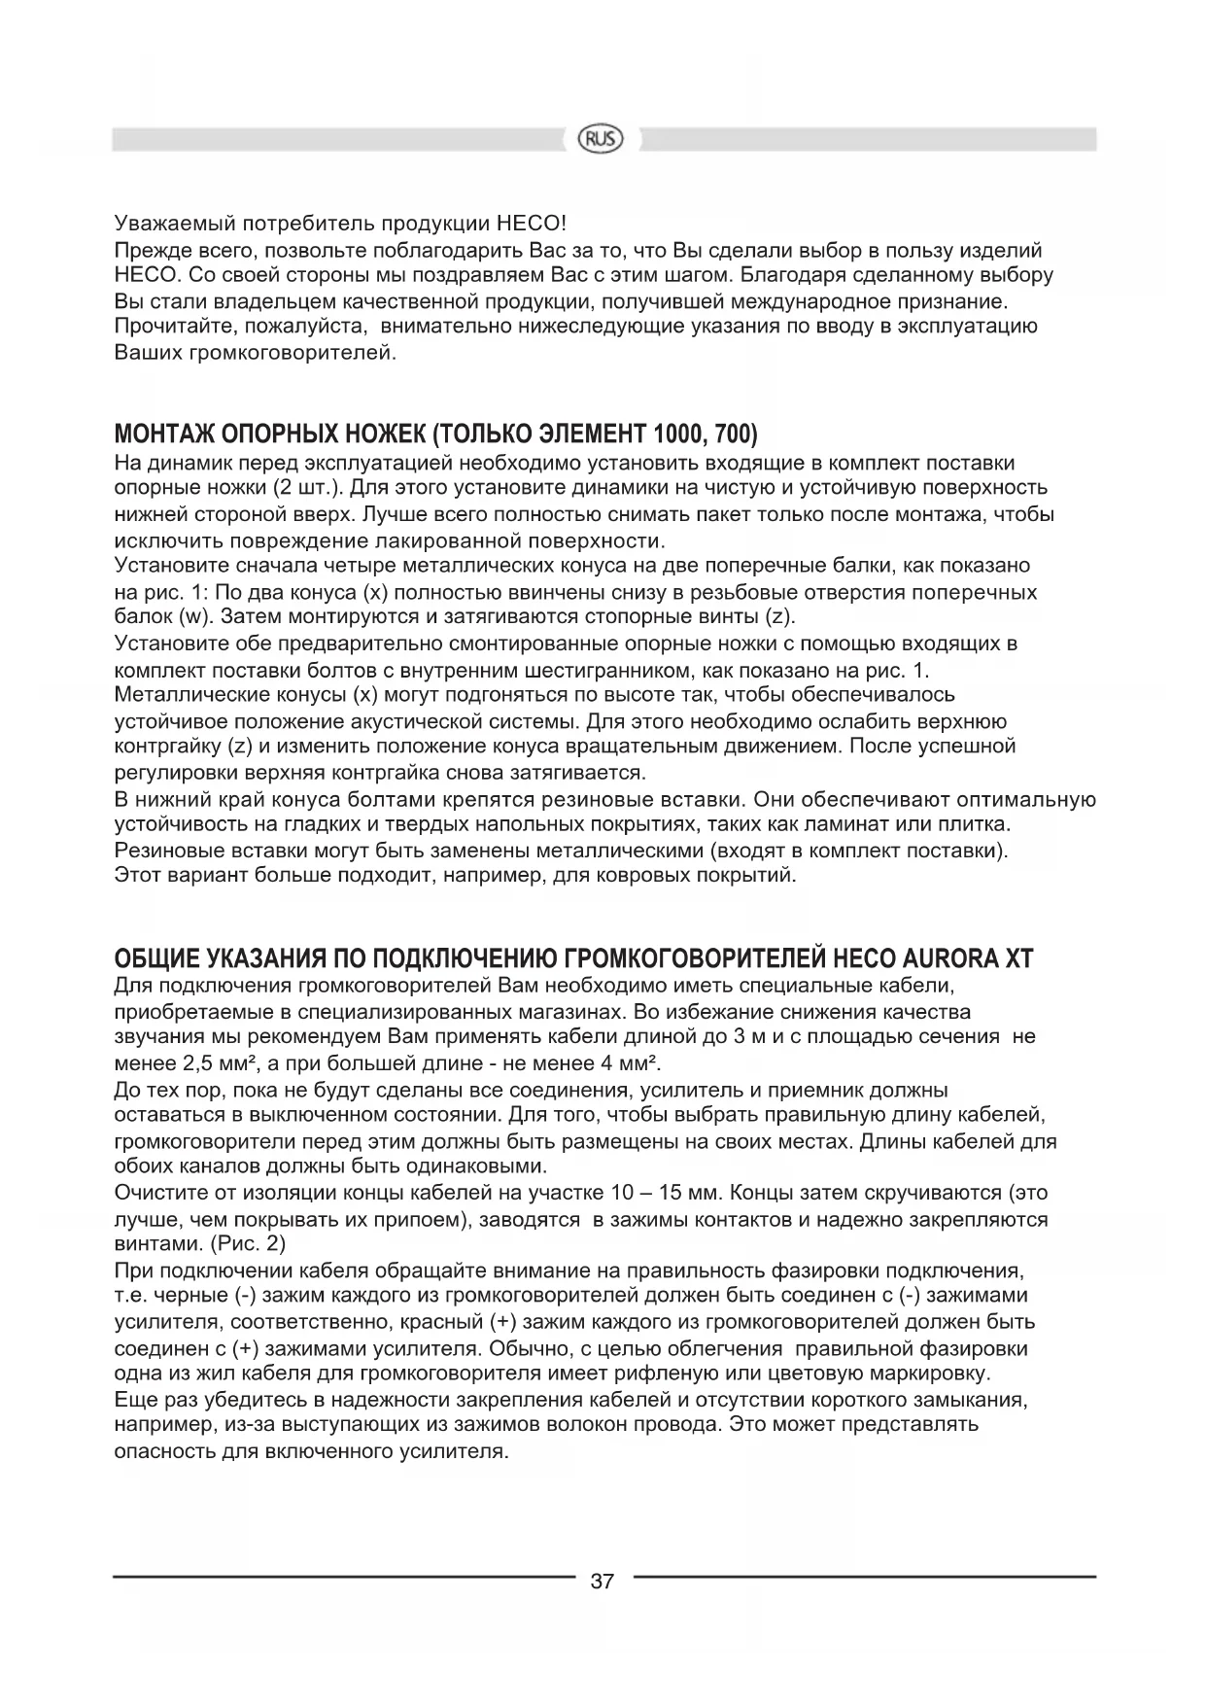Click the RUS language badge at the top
(602, 139)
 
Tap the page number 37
(602, 1582)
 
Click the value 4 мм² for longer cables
(627, 1061)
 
